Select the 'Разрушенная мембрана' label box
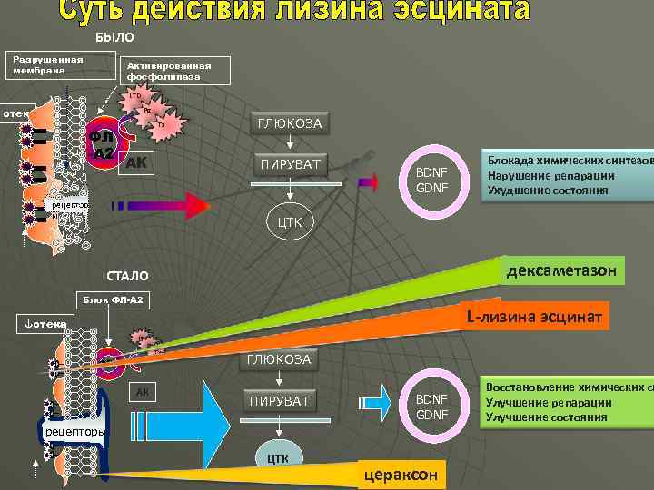click(50, 65)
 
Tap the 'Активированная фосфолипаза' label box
click(175, 70)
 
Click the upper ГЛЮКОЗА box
click(289, 123)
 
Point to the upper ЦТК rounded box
click(289, 221)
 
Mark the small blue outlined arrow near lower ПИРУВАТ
click(372, 402)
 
